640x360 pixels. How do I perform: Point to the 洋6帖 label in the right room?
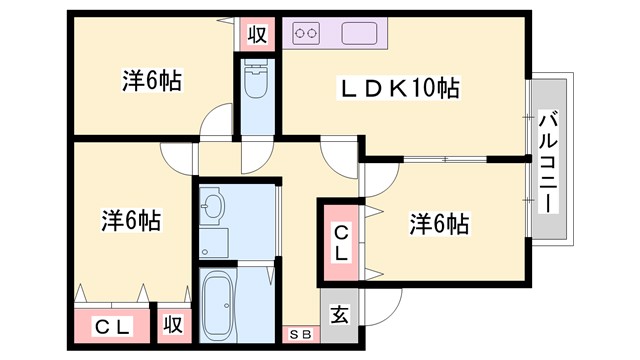point(438,224)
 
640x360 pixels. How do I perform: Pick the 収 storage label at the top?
point(257,34)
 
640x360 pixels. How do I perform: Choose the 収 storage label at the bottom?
point(173,326)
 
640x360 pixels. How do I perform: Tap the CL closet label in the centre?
point(340,243)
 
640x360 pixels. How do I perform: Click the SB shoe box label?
point(300,334)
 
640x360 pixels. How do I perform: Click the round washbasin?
point(213,209)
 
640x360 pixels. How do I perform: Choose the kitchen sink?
point(360,33)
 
